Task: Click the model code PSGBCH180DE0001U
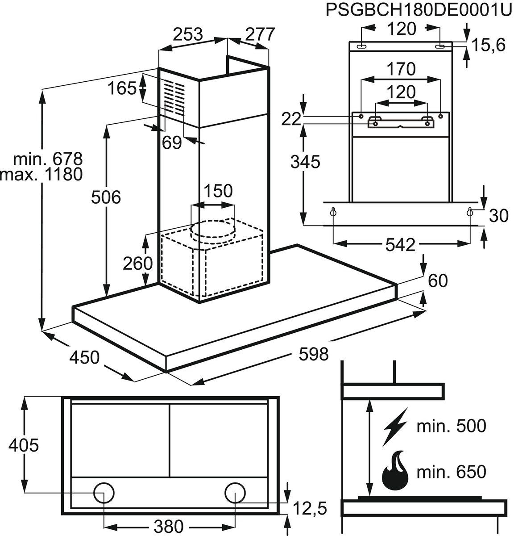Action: [418, 10]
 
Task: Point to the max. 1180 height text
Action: [42, 174]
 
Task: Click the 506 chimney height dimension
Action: [106, 197]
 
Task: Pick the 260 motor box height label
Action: [138, 264]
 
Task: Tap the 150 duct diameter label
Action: [218, 191]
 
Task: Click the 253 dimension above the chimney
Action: [187, 34]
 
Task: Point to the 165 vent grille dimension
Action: [121, 88]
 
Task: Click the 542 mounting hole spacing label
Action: [400, 244]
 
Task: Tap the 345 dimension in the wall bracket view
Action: [305, 162]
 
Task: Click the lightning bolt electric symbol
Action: [395, 427]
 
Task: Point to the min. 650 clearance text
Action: [451, 472]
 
